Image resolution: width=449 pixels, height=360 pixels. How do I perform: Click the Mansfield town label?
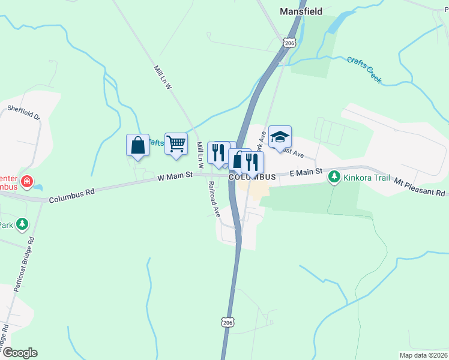[x=301, y=11]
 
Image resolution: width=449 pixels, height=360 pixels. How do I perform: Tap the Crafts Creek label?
[x=364, y=70]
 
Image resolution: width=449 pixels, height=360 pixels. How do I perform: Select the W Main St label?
[x=175, y=176]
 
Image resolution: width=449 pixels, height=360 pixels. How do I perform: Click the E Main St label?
[x=306, y=173]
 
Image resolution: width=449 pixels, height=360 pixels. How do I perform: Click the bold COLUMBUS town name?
[x=252, y=177]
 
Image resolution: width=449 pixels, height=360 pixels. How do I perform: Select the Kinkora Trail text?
[x=367, y=178]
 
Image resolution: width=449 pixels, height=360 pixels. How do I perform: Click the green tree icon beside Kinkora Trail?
[x=334, y=177]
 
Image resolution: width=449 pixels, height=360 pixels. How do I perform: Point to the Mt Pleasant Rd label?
[x=421, y=187]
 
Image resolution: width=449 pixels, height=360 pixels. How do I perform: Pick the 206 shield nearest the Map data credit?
[x=227, y=322]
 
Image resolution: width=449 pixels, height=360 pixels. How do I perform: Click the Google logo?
[x=20, y=353]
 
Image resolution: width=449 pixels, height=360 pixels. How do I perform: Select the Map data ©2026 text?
[x=423, y=355]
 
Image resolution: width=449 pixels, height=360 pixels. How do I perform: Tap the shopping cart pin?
[x=176, y=144]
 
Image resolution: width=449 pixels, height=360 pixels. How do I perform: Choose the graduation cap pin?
[x=280, y=137]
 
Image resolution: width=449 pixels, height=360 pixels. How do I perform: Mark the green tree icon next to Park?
[x=22, y=224]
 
